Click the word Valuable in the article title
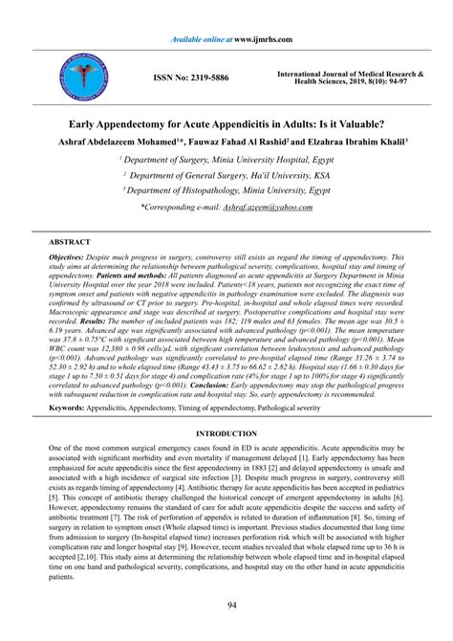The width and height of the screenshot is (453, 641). click(345, 124)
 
